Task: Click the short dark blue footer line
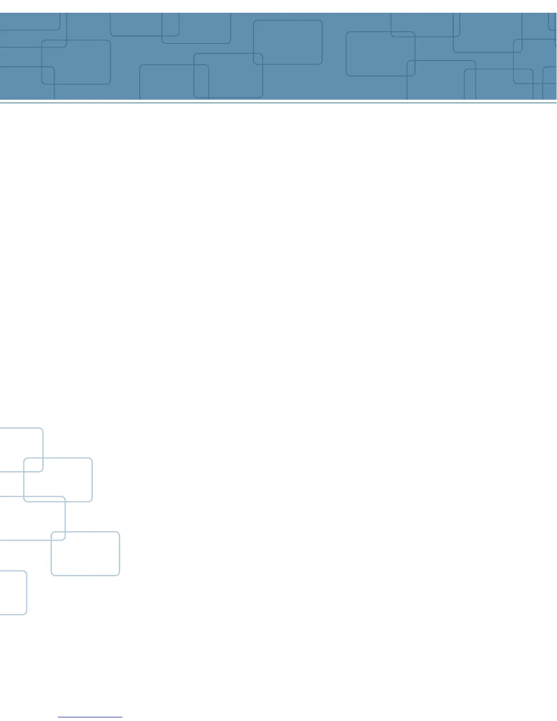tap(90, 717)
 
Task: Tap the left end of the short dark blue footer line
tap(59, 717)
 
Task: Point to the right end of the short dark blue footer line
tap(122, 717)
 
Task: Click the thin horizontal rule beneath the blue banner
tap(278, 103)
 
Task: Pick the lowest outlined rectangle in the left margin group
tap(13, 592)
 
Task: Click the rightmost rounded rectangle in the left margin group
tap(85, 553)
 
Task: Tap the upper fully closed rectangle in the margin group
tap(58, 480)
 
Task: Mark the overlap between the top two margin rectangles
tap(33, 465)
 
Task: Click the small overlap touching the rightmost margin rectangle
tap(58, 536)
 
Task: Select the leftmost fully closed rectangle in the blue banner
tap(76, 62)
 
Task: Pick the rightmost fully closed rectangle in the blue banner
tap(380, 54)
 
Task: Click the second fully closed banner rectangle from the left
tap(228, 76)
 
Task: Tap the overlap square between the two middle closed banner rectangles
tap(258, 59)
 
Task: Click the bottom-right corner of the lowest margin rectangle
tap(26, 614)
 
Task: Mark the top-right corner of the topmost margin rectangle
tap(42, 429)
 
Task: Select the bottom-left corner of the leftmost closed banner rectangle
tap(42, 83)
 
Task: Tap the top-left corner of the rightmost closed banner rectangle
tap(347, 32)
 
